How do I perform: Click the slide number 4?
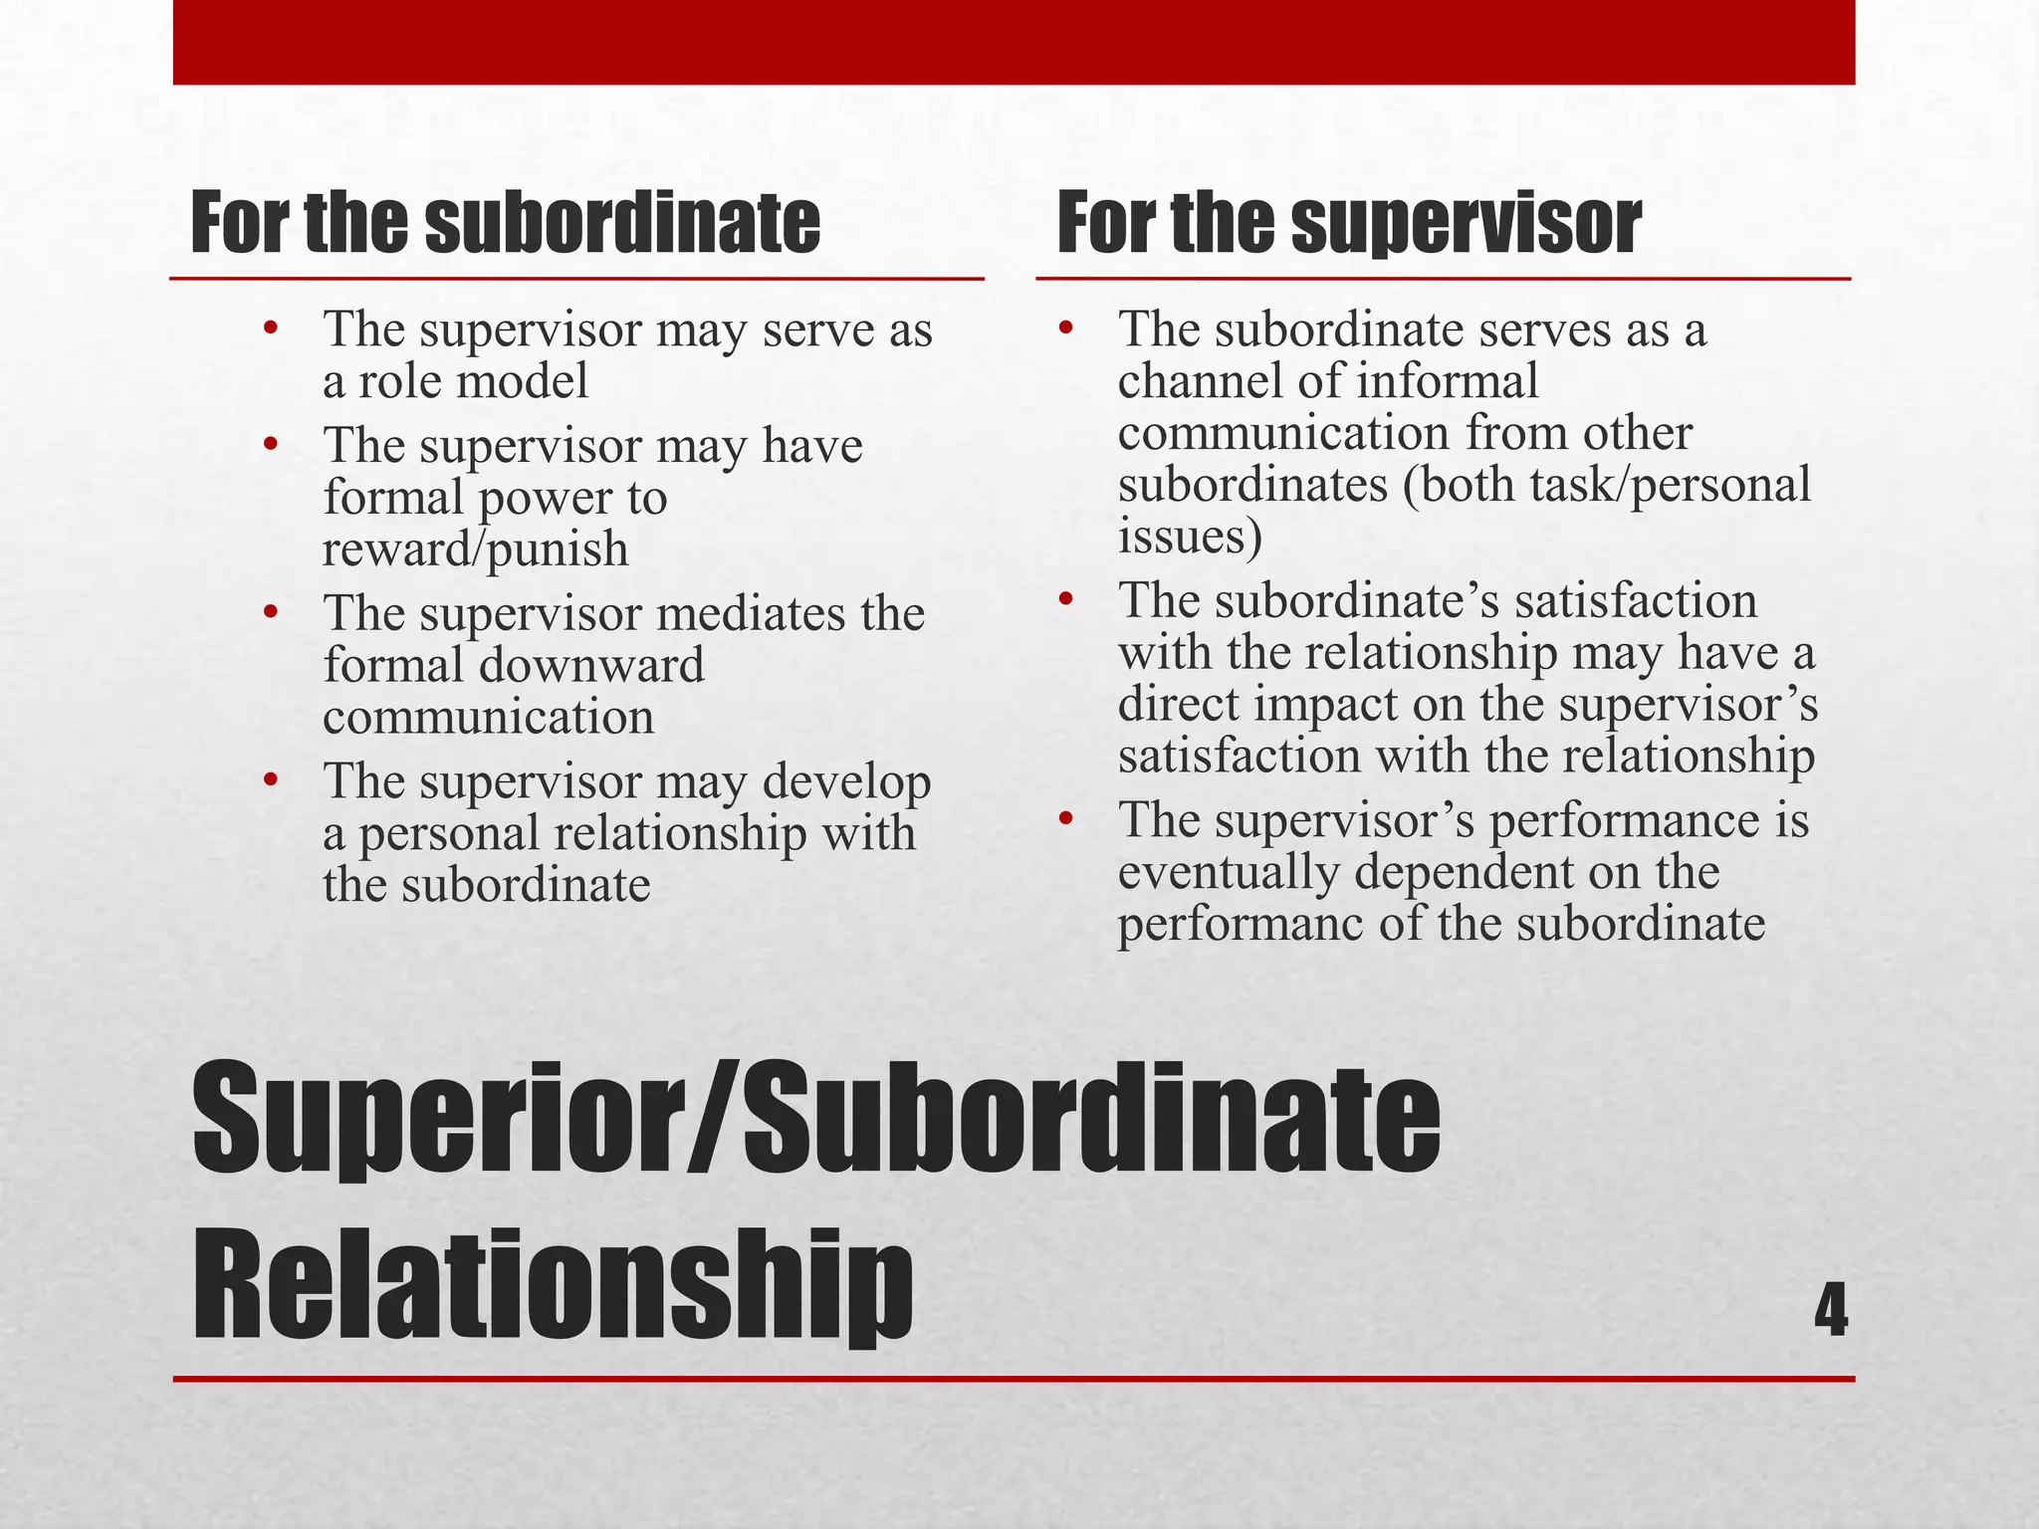tap(1830, 1311)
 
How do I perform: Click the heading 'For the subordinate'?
tap(506, 224)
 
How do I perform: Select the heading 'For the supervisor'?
tap(1349, 224)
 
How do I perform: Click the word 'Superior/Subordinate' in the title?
tap(816, 1120)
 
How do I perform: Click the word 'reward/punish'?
tap(476, 549)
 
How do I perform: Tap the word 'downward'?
tap(591, 665)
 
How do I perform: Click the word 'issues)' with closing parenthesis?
tap(1191, 537)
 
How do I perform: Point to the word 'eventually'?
tap(1229, 872)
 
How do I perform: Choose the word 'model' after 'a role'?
tap(529, 381)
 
